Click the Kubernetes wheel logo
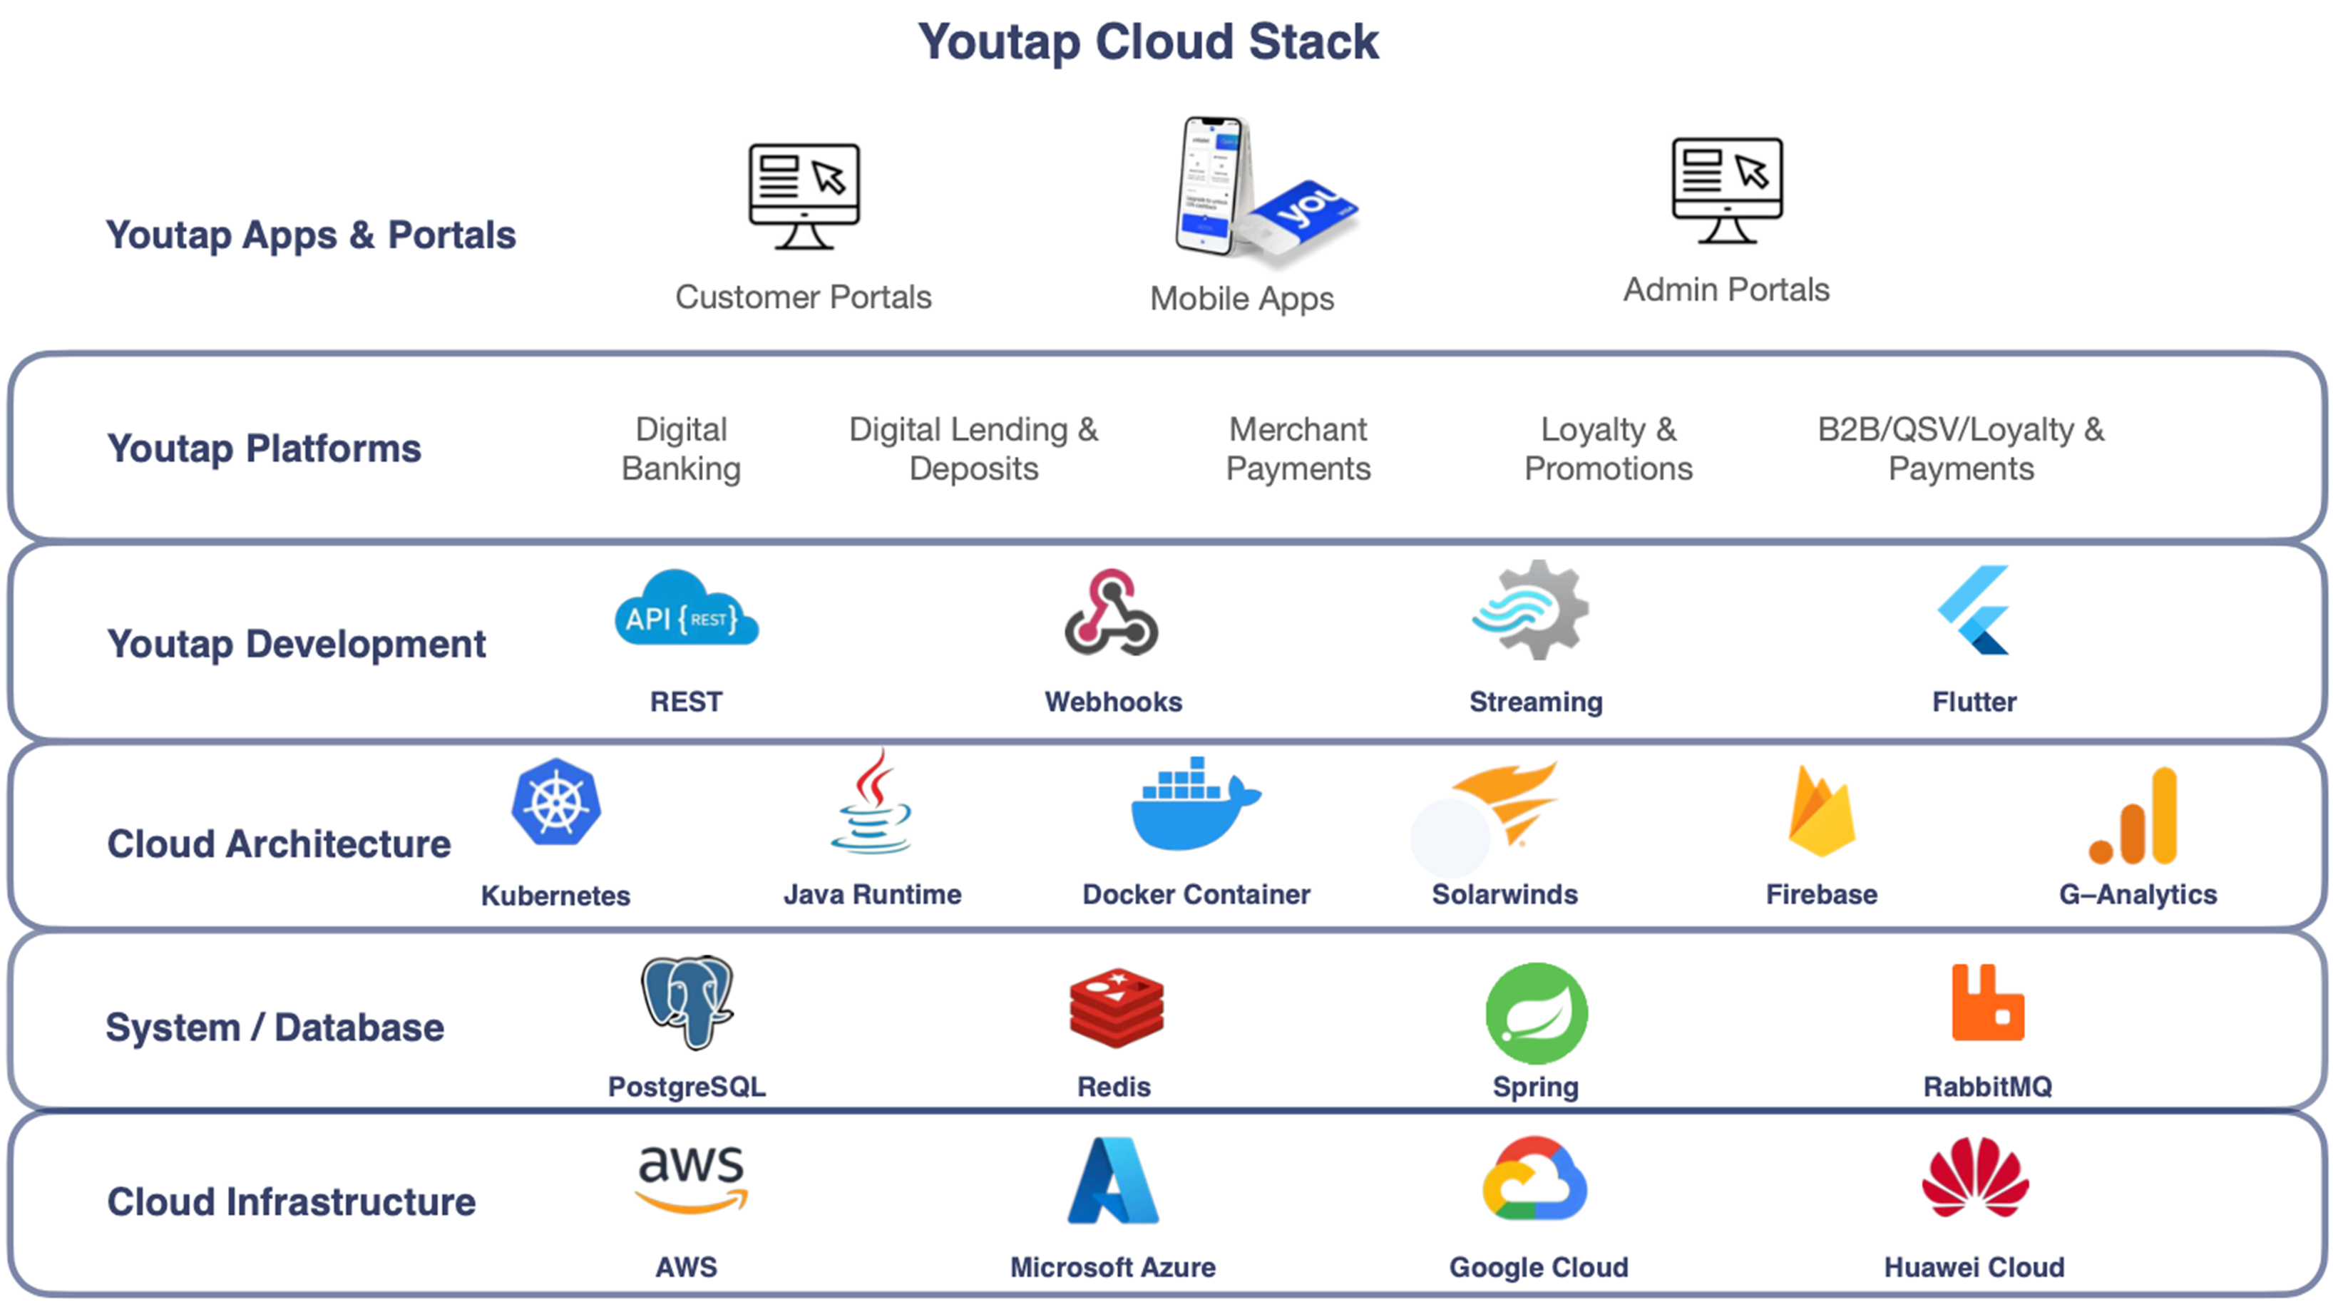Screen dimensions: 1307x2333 tap(556, 802)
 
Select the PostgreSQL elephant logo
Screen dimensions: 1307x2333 tap(687, 1002)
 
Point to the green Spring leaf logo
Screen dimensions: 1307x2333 tap(1536, 1013)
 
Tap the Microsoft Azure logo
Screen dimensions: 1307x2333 tap(1113, 1181)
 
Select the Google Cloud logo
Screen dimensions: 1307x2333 tap(1535, 1179)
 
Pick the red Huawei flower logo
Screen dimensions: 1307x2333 tap(1975, 1177)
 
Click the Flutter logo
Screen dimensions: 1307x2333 tap(1975, 610)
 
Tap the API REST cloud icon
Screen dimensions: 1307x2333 tap(686, 610)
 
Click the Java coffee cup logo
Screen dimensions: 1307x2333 tap(871, 804)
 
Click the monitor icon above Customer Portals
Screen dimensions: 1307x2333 tap(804, 195)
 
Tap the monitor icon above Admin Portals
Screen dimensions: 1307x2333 tap(1727, 190)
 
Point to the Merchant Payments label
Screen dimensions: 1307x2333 tap(1298, 449)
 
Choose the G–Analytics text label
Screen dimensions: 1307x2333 tap(2138, 894)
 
